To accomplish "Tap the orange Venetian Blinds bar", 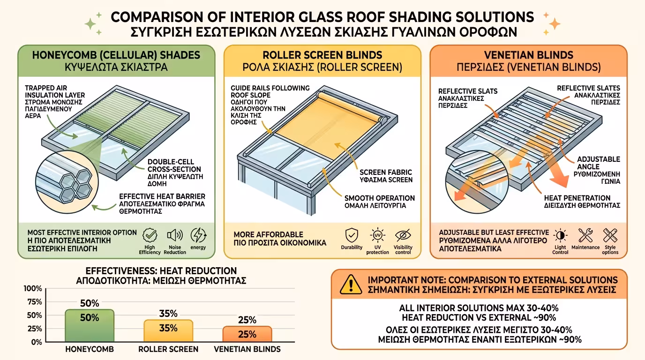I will tap(247, 333).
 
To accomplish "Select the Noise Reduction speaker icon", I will tap(174, 235).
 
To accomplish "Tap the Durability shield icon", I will tap(351, 235).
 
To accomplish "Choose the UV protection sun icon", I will tap(377, 235).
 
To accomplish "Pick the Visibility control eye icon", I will tap(403, 235).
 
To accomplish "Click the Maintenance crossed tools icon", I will tap(585, 235).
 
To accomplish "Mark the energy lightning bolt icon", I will tap(198, 235).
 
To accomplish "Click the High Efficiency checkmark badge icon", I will tap(150, 235).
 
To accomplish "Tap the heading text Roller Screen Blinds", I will tap(322, 55).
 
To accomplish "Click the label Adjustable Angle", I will tap(598, 163).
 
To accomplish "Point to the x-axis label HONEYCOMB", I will tap(89, 349).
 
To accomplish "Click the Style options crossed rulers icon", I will tap(610, 235).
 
